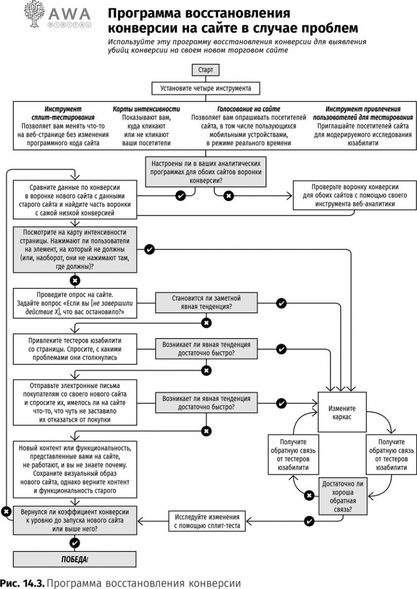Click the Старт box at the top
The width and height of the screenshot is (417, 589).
click(206, 70)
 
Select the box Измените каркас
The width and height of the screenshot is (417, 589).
click(342, 412)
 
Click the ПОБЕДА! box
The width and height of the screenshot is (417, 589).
click(75, 559)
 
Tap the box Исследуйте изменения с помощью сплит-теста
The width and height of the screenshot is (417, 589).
click(207, 521)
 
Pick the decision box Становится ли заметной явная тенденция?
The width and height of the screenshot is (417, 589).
click(206, 302)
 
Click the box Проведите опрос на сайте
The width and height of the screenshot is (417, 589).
click(75, 302)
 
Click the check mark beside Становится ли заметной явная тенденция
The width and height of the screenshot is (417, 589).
click(281, 303)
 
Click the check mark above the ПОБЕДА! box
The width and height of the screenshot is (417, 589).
click(75, 543)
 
